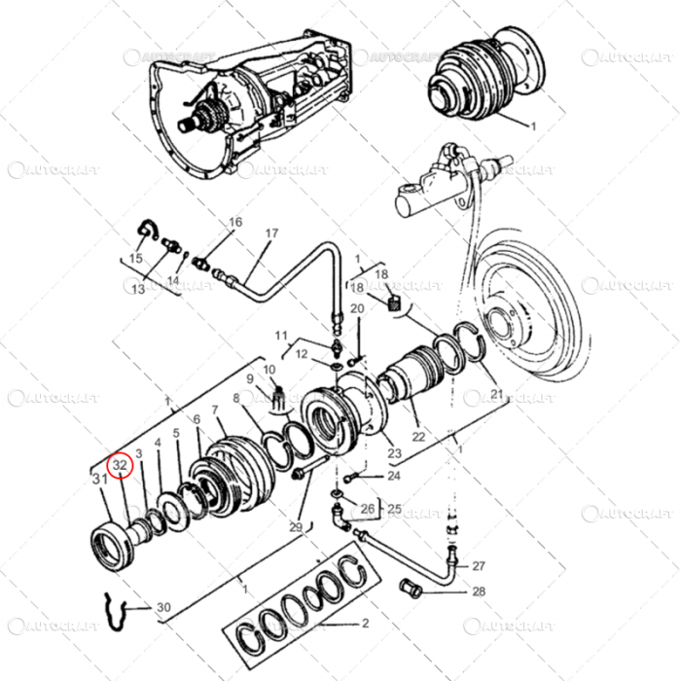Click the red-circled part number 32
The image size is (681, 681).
point(120,466)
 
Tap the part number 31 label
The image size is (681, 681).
point(99,479)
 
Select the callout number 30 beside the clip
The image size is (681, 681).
point(162,608)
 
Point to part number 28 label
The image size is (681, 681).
point(479,591)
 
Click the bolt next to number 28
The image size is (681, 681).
point(413,588)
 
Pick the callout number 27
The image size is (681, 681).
point(478,565)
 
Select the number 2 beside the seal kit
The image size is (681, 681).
point(365,623)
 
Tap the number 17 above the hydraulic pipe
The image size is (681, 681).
point(271,233)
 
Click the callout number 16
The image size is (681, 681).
point(234,222)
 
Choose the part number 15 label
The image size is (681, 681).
point(134,258)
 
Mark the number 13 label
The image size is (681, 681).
point(138,289)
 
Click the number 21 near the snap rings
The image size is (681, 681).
point(497,393)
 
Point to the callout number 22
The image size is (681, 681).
point(418,437)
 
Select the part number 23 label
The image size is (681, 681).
point(394,453)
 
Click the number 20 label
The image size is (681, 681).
point(357,308)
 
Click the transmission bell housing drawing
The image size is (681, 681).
point(233,97)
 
